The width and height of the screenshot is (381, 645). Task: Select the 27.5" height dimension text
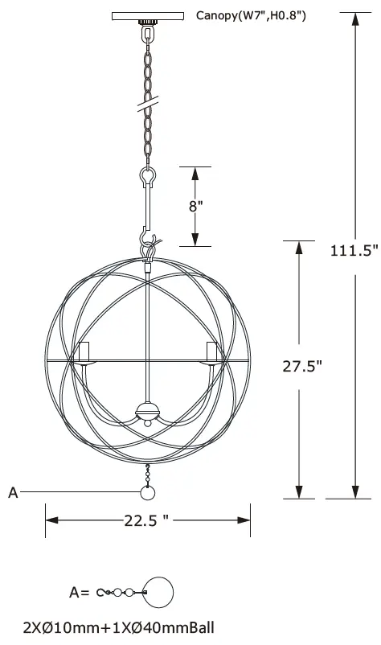tap(302, 366)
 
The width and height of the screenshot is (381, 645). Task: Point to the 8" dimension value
tap(195, 205)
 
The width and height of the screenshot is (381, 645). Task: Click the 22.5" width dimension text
tap(146, 520)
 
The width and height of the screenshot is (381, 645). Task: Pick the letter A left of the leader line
tap(13, 493)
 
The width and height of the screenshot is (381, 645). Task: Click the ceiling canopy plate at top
tap(147, 14)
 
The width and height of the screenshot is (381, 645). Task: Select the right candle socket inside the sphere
tap(212, 352)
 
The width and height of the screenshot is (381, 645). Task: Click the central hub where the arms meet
tap(147, 410)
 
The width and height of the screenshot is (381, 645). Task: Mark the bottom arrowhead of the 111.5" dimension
tap(354, 492)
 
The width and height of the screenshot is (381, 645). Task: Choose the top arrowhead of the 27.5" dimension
tap(301, 246)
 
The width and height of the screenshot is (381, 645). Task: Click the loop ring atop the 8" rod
tap(147, 174)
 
